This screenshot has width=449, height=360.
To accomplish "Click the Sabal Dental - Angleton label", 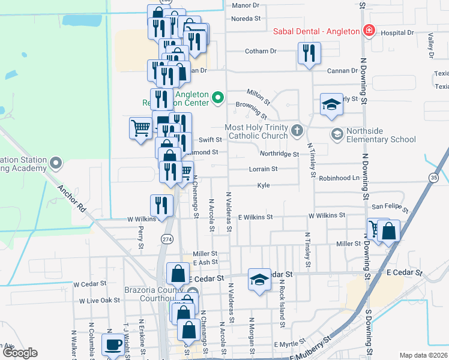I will coord(316,31).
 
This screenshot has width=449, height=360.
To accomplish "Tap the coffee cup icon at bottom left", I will coord(113,344).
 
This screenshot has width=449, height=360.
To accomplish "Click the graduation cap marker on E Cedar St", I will coord(259,280).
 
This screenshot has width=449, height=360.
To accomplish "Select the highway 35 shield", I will coord(433,178).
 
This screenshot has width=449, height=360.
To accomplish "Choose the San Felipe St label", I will coord(390,207).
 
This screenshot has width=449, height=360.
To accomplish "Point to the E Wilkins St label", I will coord(255,217).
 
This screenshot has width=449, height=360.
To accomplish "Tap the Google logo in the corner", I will coord(20,353).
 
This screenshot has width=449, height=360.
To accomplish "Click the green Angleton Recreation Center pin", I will coord(218,97).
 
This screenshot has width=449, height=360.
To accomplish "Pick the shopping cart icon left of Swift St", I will coord(140,128).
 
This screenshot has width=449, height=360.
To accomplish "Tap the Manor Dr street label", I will coord(245,5).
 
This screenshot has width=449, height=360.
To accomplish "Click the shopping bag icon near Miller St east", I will coord(389,231).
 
